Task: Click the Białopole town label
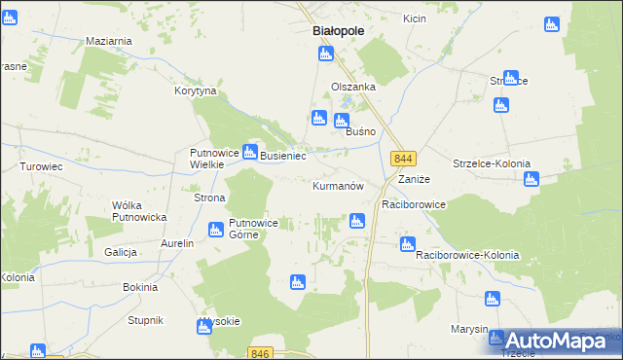coord(338,31)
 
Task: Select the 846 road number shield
coord(258,353)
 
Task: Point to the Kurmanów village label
coord(338,186)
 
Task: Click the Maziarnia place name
coord(109,41)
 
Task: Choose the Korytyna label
coord(195,90)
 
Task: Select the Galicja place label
coord(121,252)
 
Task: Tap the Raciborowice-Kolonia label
coord(467,255)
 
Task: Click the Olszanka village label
coord(353,86)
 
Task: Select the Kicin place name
coord(415,18)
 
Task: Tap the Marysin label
coord(469,329)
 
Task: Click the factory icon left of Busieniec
coord(249,152)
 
